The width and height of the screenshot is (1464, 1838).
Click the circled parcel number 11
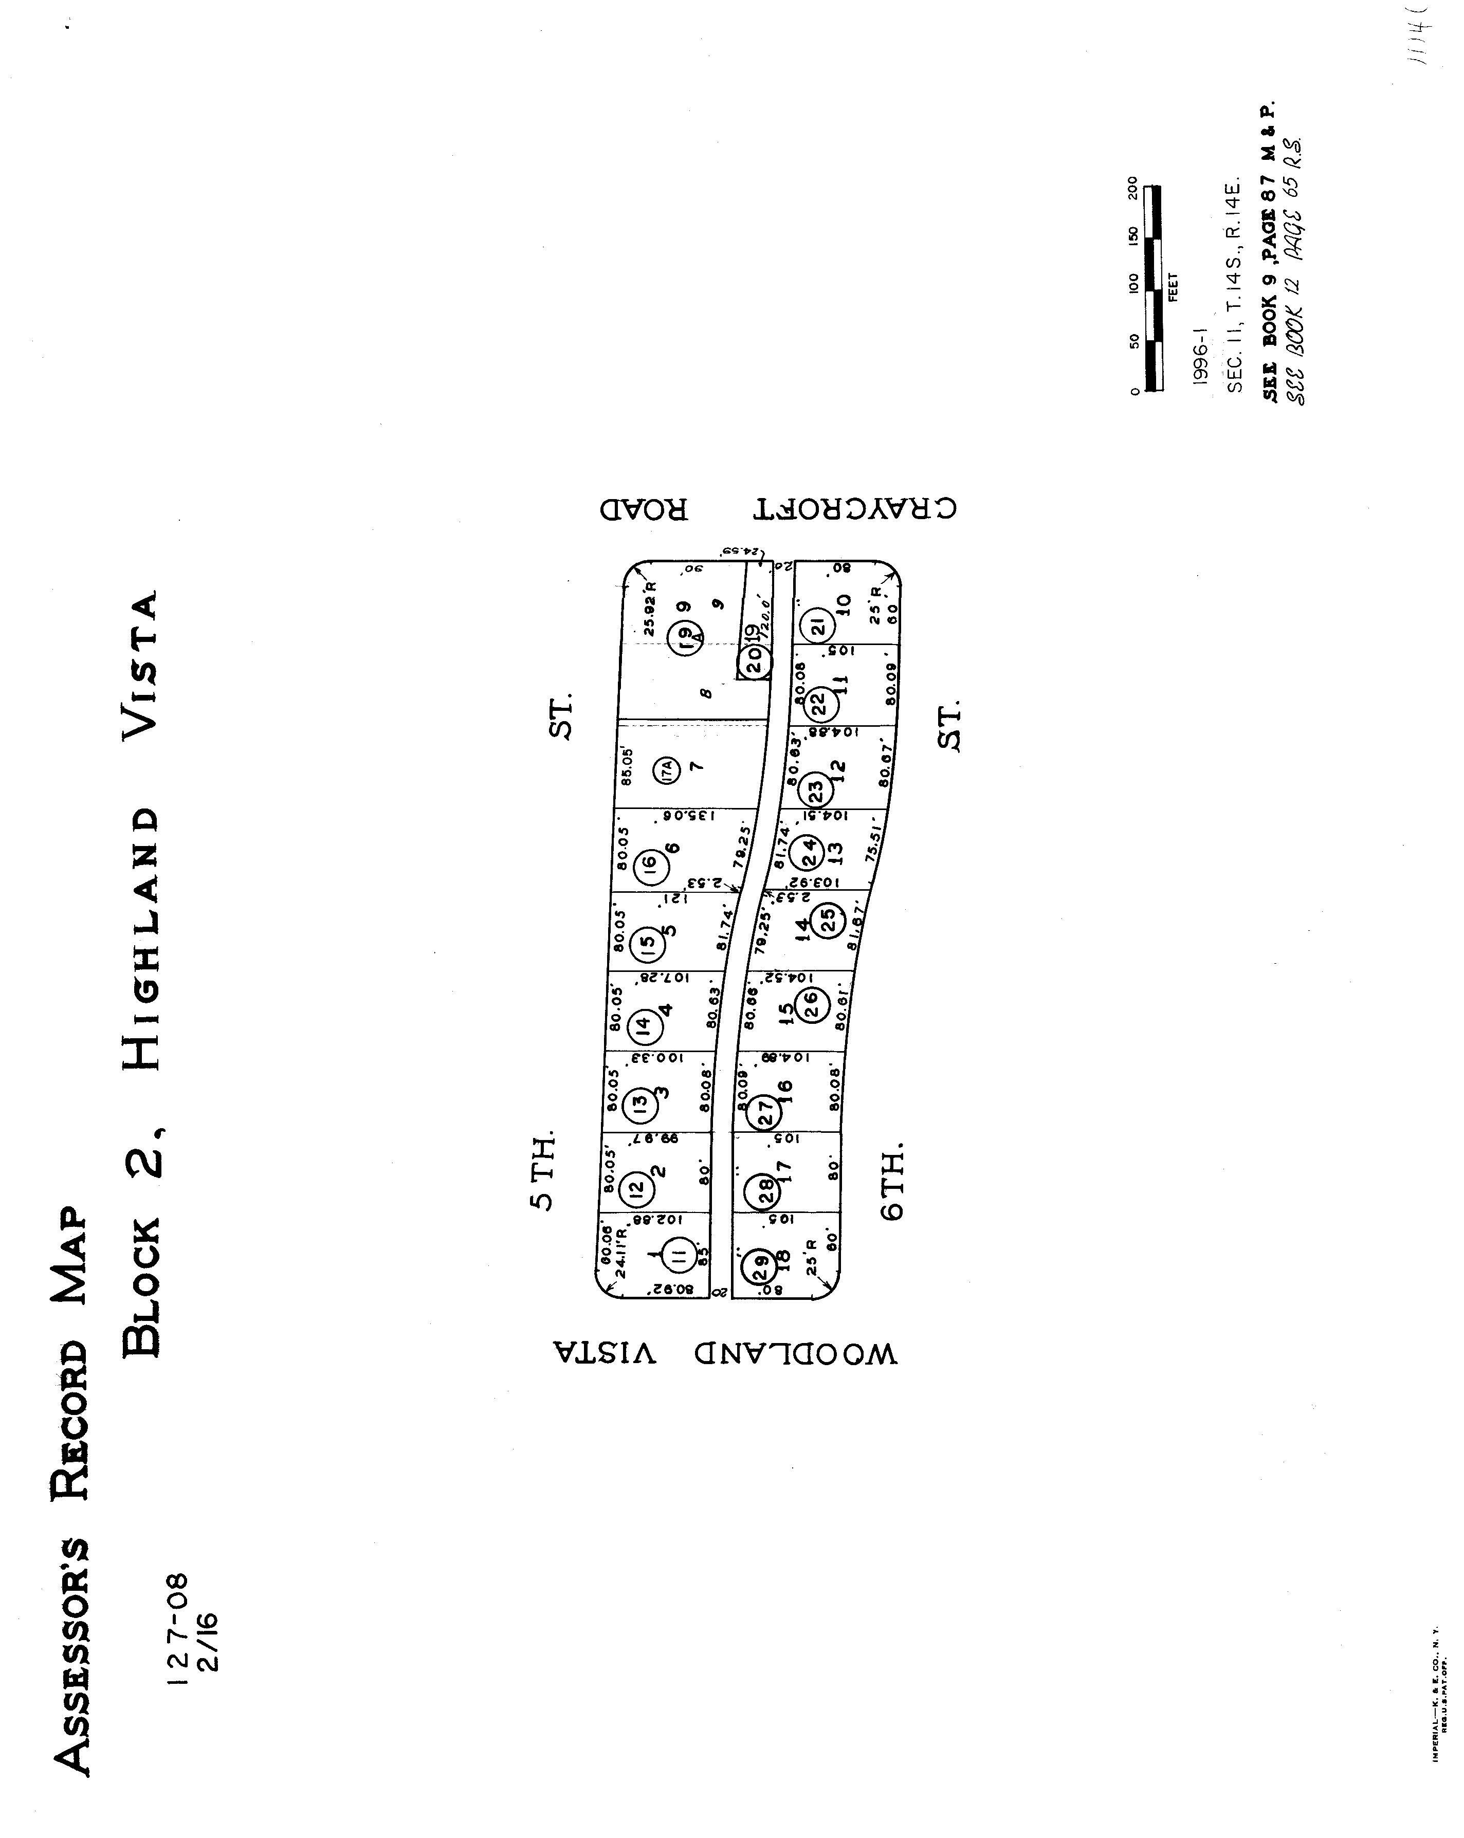679,1254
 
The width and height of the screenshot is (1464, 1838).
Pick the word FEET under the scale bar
1173,286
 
